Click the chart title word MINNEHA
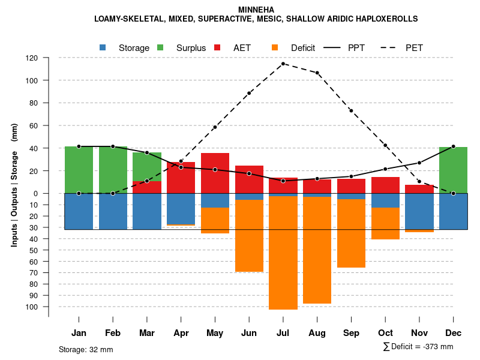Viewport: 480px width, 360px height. click(x=256, y=10)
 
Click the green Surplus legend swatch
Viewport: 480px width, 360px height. click(x=160, y=47)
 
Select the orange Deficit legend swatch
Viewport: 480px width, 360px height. click(x=275, y=47)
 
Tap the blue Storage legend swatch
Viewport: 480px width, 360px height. click(x=103, y=47)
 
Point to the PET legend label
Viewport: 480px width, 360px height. click(x=414, y=47)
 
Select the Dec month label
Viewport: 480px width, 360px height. click(x=453, y=333)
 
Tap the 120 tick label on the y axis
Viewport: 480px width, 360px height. click(x=32, y=58)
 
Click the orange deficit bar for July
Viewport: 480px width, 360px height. click(x=283, y=252)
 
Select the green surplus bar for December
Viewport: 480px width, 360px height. click(x=453, y=170)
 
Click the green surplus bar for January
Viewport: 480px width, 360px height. click(x=79, y=170)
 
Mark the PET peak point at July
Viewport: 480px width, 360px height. click(x=283, y=64)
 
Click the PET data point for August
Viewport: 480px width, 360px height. click(x=317, y=73)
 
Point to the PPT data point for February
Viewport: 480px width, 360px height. click(x=113, y=146)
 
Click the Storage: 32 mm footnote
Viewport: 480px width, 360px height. click(x=86, y=349)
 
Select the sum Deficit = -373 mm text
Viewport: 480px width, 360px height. click(x=418, y=346)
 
